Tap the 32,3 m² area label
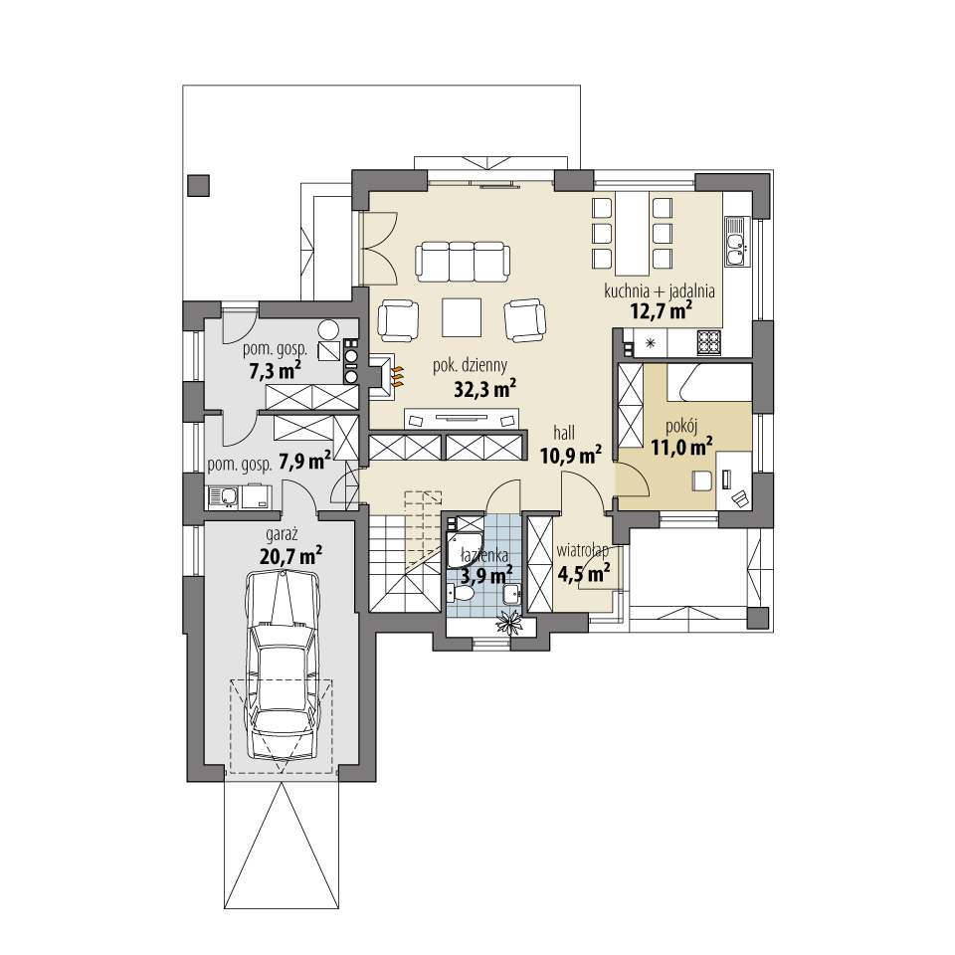coord(484,389)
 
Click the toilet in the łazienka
coord(462,593)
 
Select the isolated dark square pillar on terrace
coord(199,185)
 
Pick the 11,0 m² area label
coord(681,448)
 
